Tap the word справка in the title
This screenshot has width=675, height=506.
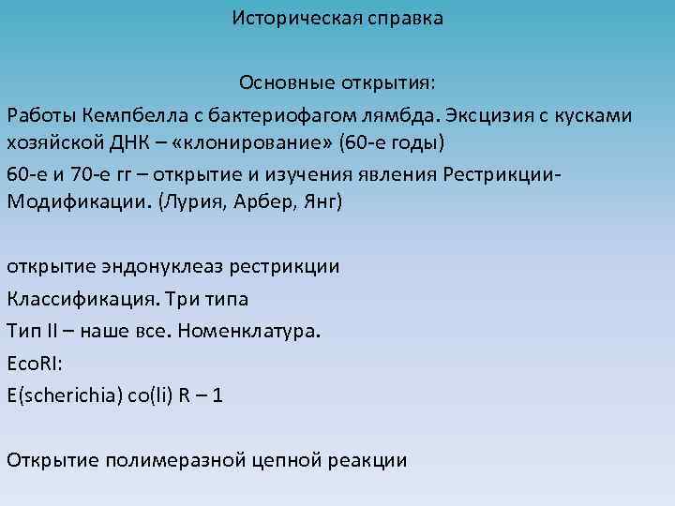point(403,18)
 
